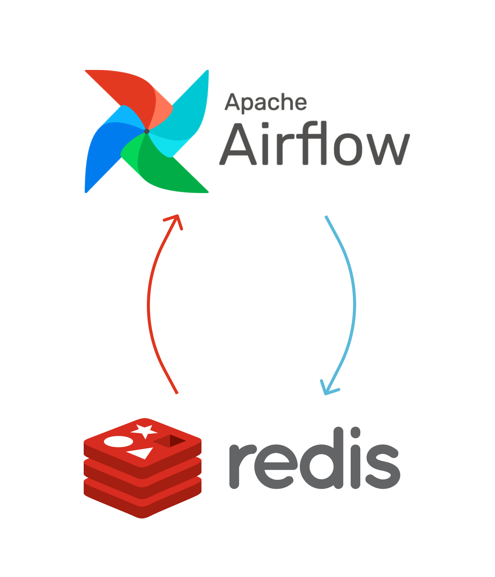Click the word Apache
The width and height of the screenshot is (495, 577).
point(266,103)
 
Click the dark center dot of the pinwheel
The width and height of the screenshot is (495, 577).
point(147,131)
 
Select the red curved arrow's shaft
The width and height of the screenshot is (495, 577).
point(149,304)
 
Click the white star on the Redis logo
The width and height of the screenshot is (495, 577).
point(144,430)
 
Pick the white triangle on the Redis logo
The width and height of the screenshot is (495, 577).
point(142,453)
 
